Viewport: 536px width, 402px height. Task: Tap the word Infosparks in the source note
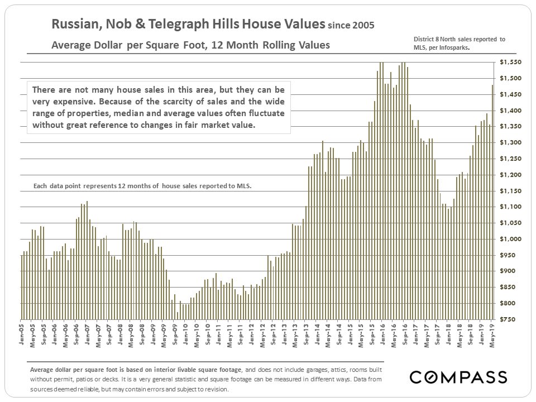coord(452,48)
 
